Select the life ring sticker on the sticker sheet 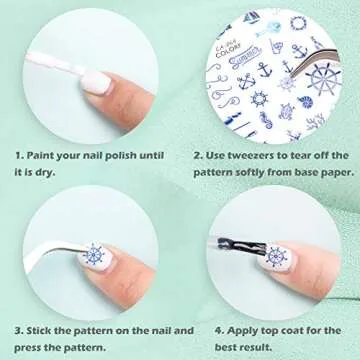[x=297, y=22]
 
